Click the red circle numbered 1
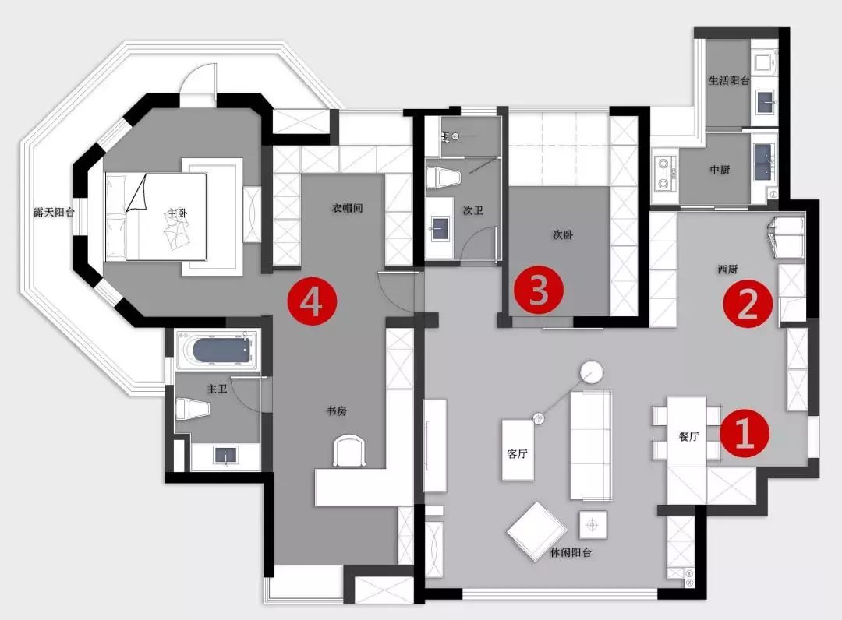745,433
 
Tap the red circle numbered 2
748,303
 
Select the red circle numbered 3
539,291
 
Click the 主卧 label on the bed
177,213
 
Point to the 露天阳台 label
55,213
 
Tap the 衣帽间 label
347,208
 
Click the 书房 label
337,410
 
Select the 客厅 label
517,454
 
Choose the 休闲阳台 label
571,552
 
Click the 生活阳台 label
729,80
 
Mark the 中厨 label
720,170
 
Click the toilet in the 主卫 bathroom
192,409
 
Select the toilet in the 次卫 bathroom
444,178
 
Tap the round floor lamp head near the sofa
591,372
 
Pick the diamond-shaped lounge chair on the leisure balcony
537,531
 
